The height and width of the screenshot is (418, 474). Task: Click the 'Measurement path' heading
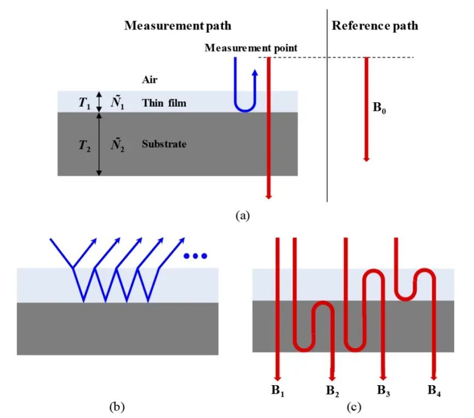(178, 26)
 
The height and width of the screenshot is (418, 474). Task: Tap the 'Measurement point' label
(251, 48)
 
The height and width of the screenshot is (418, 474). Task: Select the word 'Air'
(150, 80)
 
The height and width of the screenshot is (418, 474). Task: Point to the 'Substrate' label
(164, 144)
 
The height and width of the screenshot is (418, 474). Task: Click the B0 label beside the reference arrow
(379, 108)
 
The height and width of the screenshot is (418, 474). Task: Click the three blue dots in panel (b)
(195, 256)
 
